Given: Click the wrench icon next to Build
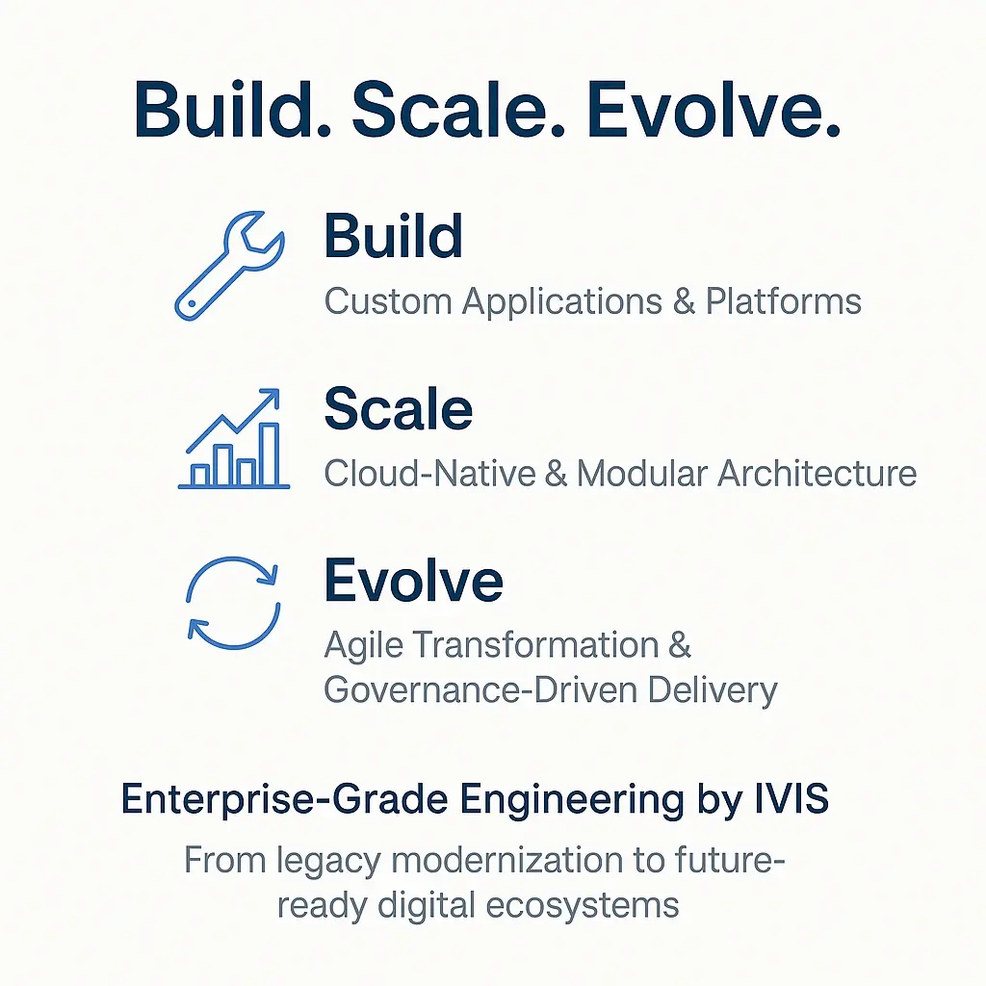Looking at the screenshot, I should coord(229,266).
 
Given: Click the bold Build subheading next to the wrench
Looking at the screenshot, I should coord(393,236).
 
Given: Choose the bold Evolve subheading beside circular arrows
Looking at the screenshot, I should coord(413,581).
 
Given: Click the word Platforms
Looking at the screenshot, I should coord(783,301).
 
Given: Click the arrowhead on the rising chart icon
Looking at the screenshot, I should coord(272,397).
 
